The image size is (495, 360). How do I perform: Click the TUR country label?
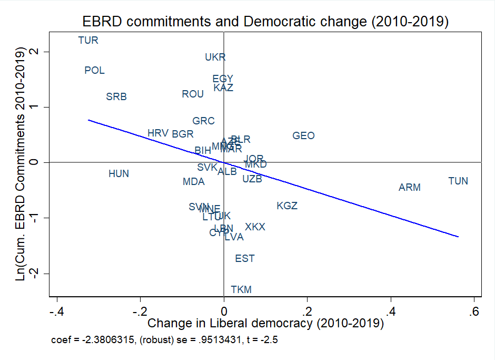(88, 40)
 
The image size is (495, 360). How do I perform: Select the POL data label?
(95, 71)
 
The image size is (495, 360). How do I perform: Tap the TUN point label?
(458, 181)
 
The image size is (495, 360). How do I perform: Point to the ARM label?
(410, 188)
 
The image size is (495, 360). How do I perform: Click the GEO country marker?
(303, 136)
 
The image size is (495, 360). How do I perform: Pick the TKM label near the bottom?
(241, 290)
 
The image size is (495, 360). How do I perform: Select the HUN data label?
(118, 174)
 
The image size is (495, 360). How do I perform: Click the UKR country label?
(215, 57)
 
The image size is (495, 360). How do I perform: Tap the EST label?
(245, 259)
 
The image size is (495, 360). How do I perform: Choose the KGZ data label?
(287, 206)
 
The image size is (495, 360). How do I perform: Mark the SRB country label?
(116, 97)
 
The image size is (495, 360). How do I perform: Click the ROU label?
(193, 94)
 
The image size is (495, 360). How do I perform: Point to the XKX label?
(255, 227)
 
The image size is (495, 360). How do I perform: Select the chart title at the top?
(265, 22)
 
